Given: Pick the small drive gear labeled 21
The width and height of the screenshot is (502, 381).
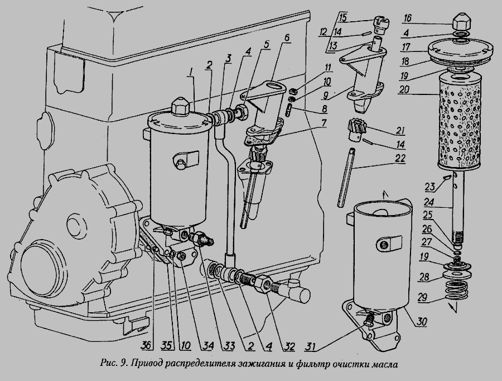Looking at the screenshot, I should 356,130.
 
